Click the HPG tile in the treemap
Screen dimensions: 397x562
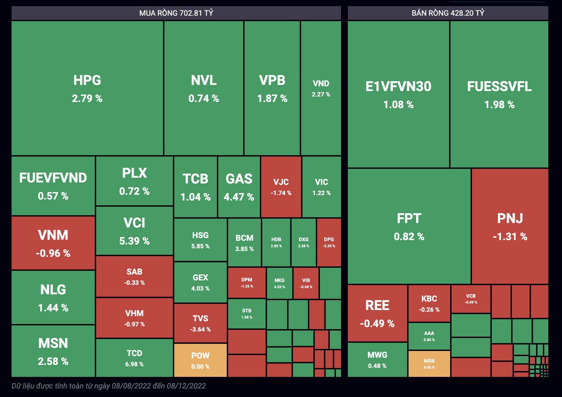87,88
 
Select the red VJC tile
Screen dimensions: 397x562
281,187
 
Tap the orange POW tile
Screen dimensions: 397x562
200,360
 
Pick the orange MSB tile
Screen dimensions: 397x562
429,364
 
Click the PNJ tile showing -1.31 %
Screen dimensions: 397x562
510,226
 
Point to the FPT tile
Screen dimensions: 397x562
409,226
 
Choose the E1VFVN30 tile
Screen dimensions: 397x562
398,94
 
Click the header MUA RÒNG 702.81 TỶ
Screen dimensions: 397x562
176,13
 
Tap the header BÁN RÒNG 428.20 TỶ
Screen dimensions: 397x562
448,13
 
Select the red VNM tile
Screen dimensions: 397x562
53,243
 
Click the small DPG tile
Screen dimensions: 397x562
329,242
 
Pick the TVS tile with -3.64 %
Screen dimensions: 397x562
200,323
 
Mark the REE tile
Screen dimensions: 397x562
377,313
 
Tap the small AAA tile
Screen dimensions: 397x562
429,336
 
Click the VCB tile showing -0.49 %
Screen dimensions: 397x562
471,299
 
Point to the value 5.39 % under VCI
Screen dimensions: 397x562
134,241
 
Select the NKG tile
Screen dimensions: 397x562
279,283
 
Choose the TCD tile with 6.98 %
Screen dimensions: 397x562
134,358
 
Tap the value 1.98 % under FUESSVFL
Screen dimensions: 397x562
499,105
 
